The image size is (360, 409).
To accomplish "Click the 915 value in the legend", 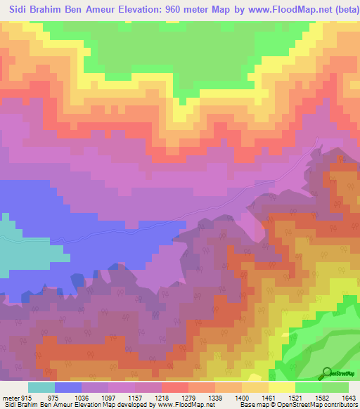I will (x=23, y=397).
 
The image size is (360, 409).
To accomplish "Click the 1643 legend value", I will (x=349, y=397).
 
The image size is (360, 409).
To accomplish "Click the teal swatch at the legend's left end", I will (x=41, y=387).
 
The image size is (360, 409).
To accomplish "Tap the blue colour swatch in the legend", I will (x=68, y=387).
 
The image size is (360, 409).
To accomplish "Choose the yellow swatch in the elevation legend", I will (x=282, y=387).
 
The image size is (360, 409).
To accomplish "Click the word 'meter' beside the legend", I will (x=9, y=397).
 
